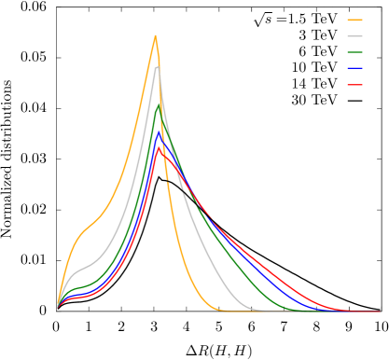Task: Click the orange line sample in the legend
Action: [x=354, y=19]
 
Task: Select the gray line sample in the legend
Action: [x=354, y=35]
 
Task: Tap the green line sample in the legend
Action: [x=354, y=52]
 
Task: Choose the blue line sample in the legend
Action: [x=354, y=68]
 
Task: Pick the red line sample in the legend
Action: [x=354, y=85]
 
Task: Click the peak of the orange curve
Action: [x=155, y=35]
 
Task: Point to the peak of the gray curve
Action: [x=157, y=66]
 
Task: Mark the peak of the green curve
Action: [x=158, y=103]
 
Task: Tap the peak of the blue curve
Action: [x=159, y=130]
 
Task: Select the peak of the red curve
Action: [x=160, y=146]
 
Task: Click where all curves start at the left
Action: [x=58, y=305]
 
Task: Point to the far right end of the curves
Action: [x=380, y=312]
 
